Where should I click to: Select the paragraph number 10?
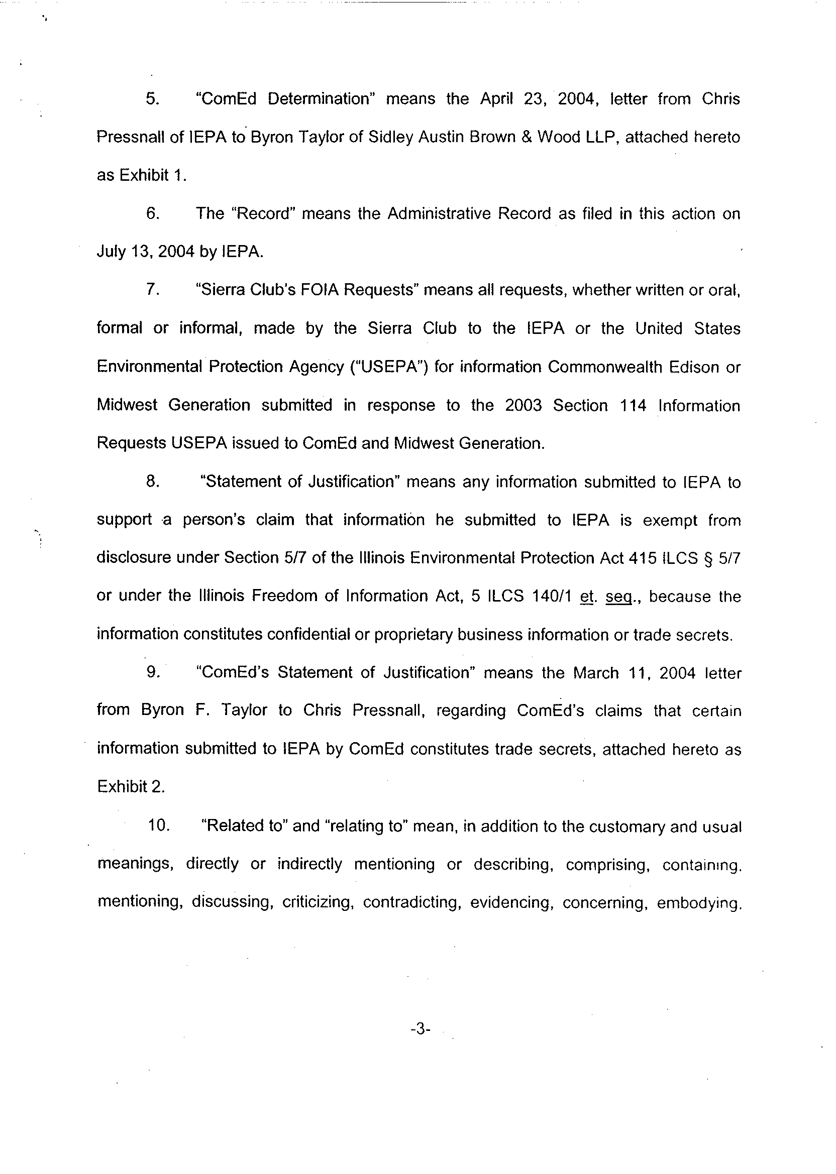point(159,826)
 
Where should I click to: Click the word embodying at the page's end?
point(698,903)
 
